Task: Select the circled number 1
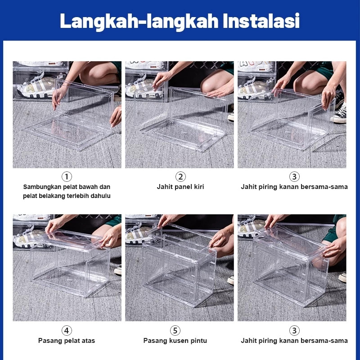pos(67,176)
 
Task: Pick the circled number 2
pos(180,176)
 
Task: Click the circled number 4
pos(67,330)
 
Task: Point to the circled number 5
pos(175,330)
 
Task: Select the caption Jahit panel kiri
pos(180,187)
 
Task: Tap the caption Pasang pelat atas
pos(67,341)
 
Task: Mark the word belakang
pos(57,196)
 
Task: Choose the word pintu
pos(198,341)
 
